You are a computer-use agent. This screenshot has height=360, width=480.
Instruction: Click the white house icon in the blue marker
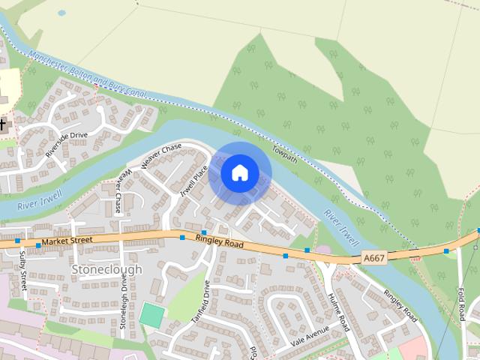click(239, 172)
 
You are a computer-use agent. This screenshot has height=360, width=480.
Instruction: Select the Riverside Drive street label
click(67, 143)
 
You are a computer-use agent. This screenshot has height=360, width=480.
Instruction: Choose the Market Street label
click(67, 241)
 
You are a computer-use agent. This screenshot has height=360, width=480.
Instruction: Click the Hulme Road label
click(338, 311)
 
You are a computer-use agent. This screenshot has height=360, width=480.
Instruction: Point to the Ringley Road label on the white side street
click(400, 304)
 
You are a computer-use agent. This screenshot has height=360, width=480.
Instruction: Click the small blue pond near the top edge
click(61, 13)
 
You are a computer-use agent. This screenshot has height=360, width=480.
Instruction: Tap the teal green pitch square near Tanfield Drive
click(151, 315)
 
